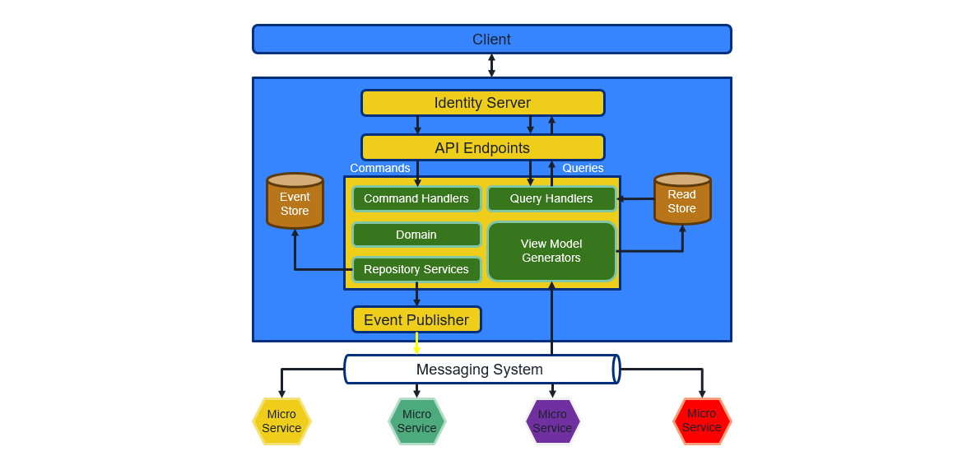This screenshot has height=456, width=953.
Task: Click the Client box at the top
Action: [491, 40]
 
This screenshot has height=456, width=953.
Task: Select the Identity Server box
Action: [482, 103]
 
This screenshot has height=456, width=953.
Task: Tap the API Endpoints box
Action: [482, 147]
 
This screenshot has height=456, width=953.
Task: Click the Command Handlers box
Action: [416, 198]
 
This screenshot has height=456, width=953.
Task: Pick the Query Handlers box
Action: [551, 198]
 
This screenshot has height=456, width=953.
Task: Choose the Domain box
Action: [416, 235]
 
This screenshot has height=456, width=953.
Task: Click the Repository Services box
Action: [416, 269]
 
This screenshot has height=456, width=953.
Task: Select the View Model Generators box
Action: [551, 251]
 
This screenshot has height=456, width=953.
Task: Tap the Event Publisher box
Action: [416, 319]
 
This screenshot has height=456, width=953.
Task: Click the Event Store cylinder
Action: [295, 202]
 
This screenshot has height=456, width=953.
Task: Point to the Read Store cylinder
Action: [682, 200]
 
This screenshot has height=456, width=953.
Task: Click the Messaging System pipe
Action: [481, 370]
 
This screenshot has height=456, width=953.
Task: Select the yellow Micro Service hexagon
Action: [281, 421]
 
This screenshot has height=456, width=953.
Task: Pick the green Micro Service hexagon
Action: [417, 421]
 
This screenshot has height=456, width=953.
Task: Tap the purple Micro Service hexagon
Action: [552, 421]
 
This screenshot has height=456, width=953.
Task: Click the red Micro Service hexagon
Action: [702, 421]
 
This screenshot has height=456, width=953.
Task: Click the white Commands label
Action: [380, 168]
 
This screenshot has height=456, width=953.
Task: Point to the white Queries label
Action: [583, 168]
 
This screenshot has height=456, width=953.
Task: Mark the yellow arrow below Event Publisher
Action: [416, 343]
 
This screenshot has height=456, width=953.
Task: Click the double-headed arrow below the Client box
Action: [491, 66]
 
